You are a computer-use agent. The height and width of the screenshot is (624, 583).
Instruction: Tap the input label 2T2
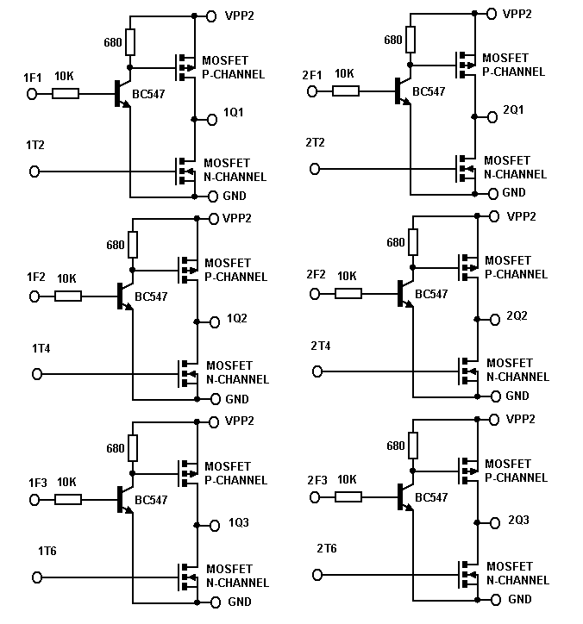click(315, 141)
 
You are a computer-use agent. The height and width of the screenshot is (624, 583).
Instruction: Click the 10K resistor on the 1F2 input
click(68, 296)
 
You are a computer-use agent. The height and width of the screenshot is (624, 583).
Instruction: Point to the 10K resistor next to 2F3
click(348, 496)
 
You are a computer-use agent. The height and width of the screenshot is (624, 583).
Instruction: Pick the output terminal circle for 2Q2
click(494, 319)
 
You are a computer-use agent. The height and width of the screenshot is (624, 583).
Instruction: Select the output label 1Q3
click(239, 523)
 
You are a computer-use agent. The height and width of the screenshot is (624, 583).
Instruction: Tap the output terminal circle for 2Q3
click(494, 522)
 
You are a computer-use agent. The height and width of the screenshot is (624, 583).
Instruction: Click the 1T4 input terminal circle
click(36, 374)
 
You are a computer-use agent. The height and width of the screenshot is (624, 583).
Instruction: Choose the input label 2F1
click(311, 75)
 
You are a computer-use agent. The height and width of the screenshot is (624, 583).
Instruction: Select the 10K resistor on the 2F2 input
click(348, 294)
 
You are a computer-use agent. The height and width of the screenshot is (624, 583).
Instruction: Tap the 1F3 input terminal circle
click(36, 500)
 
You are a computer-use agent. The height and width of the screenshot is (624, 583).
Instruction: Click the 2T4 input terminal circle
click(317, 371)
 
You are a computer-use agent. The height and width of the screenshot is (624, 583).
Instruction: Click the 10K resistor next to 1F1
click(66, 93)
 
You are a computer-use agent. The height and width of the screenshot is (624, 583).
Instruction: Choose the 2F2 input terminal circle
click(315, 294)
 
